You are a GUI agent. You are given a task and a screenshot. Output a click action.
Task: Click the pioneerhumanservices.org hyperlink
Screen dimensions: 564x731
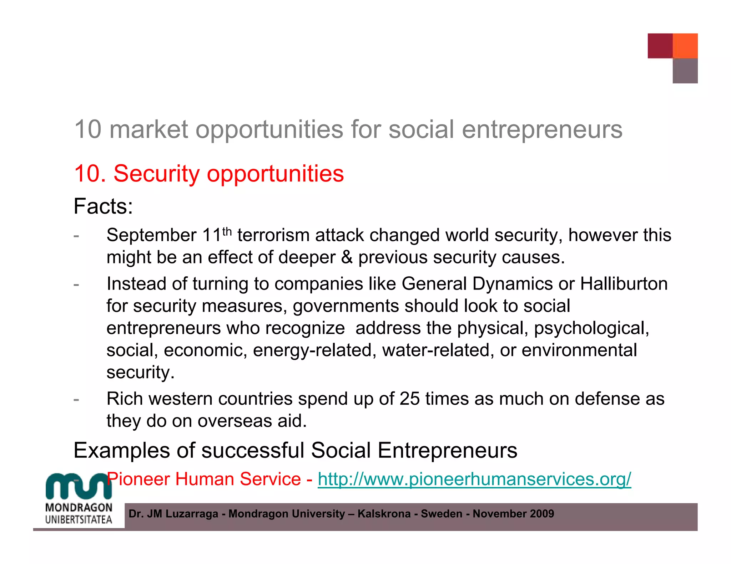[474, 479]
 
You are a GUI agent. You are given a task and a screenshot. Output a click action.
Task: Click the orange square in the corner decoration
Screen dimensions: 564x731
[685, 46]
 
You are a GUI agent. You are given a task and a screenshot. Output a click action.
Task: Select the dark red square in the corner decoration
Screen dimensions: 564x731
[660, 46]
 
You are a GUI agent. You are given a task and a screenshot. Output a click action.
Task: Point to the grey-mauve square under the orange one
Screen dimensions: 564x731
[685, 71]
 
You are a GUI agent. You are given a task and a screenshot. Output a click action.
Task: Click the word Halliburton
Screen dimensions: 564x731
[624, 284]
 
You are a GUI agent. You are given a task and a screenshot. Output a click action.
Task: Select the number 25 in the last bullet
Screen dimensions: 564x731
[409, 399]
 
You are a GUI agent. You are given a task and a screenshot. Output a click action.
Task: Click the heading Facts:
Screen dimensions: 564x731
[103, 206]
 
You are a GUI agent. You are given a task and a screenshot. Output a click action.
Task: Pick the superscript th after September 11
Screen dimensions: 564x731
[227, 232]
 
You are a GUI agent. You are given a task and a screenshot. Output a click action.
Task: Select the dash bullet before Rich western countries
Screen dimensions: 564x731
[76, 399]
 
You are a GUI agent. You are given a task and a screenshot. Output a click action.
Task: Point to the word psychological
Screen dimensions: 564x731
[591, 328]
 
